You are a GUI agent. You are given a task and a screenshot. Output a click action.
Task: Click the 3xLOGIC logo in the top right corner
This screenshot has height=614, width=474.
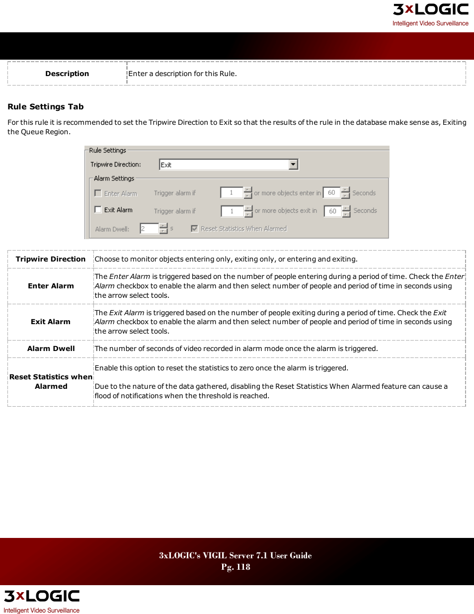tap(430, 10)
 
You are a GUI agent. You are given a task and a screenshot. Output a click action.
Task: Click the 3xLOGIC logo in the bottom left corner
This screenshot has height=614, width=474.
tap(42, 596)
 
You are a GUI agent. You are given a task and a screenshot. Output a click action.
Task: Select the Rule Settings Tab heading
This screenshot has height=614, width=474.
tap(46, 106)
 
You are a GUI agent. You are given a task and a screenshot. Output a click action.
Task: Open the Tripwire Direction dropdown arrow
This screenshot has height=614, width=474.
tap(293, 165)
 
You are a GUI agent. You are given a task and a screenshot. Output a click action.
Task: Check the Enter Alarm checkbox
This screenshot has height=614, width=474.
tap(98, 193)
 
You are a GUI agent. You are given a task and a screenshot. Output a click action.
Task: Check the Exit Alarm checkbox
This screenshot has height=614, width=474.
tap(98, 210)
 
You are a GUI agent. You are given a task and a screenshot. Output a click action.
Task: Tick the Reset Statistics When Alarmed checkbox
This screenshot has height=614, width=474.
tap(194, 229)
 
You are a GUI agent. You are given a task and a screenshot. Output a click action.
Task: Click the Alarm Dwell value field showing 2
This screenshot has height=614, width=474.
tap(149, 229)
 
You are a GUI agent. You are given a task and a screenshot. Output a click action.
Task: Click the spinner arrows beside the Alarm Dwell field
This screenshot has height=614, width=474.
tap(163, 229)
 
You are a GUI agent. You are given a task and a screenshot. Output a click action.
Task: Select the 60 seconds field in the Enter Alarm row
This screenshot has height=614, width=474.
tap(331, 193)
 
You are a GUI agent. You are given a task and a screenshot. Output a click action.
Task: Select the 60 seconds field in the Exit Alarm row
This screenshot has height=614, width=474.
tap(332, 211)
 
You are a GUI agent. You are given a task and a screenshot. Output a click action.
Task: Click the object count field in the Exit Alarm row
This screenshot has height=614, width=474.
tap(232, 211)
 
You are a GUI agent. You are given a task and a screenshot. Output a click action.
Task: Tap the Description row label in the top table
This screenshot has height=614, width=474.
tap(67, 74)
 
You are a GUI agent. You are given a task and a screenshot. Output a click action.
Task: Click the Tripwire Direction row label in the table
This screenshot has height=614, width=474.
tap(51, 259)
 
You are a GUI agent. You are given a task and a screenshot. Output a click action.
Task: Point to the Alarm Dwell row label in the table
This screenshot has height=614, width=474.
tap(51, 349)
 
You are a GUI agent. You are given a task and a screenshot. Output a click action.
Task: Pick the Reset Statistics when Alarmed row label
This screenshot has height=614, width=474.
tap(51, 381)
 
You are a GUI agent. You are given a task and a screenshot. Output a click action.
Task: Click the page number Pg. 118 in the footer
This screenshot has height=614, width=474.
tap(236, 567)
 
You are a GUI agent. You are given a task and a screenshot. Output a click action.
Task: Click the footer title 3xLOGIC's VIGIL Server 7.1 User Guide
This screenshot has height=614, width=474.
tap(236, 555)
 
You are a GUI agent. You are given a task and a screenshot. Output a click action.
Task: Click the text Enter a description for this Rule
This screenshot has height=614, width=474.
tap(182, 74)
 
